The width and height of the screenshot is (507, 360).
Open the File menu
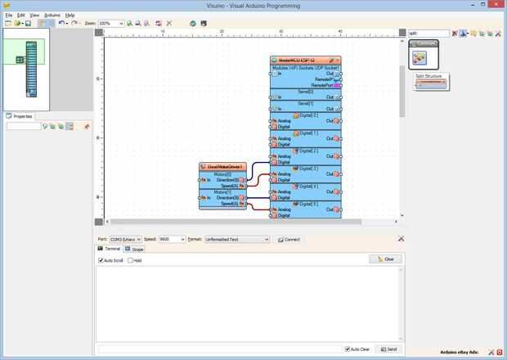pyautogui.click(x=8, y=15)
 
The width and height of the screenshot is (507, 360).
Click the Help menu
pyautogui.click(x=70, y=15)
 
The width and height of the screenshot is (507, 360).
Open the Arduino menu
pyautogui.click(x=52, y=15)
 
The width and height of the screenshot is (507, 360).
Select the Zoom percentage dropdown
pyautogui.click(x=110, y=23)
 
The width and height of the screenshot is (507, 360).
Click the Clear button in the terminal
pyautogui.click(x=385, y=259)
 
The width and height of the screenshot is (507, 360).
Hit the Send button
pyautogui.click(x=388, y=349)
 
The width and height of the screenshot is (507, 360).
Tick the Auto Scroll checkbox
pyautogui.click(x=101, y=260)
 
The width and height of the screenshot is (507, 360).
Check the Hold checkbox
pyautogui.click(x=130, y=260)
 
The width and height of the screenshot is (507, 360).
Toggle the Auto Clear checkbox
pyautogui.click(x=348, y=349)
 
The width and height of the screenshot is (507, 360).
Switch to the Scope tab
pyautogui.click(x=134, y=249)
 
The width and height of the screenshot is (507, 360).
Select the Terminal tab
pyautogui.click(x=110, y=249)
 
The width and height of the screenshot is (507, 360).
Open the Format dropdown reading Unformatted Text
pyautogui.click(x=236, y=240)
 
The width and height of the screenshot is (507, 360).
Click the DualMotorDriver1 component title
pyautogui.click(x=222, y=166)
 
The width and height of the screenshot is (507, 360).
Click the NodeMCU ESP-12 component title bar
pyautogui.click(x=301, y=61)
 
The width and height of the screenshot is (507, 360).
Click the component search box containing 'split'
pyautogui.click(x=428, y=34)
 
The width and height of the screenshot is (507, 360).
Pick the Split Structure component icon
pyautogui.click(x=419, y=57)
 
